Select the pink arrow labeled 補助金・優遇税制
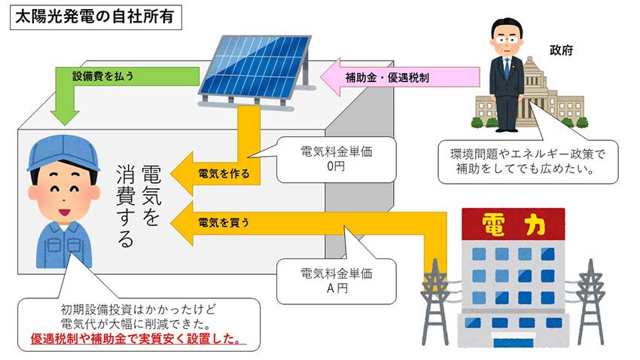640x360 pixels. pos(399,76)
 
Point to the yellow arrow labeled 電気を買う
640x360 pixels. pos(226,222)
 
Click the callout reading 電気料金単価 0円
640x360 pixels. pos(337,159)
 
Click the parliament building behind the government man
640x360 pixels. pos(557,98)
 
